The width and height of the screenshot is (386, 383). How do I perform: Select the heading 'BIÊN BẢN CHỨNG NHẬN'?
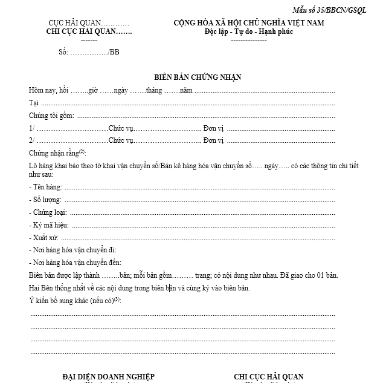click(x=193, y=77)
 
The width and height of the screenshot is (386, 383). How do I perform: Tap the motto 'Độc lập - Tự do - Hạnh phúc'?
click(x=249, y=32)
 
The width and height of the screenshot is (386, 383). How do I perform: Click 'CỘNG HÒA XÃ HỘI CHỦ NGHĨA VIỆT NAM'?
click(x=249, y=23)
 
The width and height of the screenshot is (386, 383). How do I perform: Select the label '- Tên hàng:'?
click(x=45, y=187)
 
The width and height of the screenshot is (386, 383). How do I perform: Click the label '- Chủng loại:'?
click(x=48, y=212)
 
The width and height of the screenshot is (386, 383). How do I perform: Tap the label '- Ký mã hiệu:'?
click(x=48, y=225)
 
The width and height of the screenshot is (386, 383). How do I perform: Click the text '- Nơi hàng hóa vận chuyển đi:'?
click(x=72, y=250)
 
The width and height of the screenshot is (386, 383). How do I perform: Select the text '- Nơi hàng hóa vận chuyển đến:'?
click(x=75, y=262)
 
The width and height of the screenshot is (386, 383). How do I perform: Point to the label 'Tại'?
click(x=33, y=103)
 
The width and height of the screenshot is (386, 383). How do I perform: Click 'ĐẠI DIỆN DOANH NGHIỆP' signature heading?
click(x=108, y=377)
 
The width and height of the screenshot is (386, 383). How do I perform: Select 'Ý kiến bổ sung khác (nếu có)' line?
click(x=74, y=301)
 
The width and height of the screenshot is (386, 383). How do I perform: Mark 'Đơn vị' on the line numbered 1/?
click(x=214, y=128)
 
